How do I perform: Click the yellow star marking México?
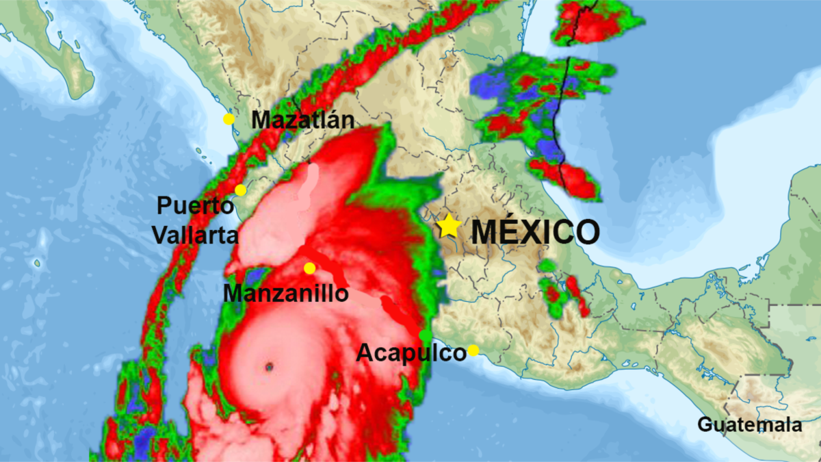click(449, 226)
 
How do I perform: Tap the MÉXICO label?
click(536, 232)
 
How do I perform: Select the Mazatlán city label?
click(303, 120)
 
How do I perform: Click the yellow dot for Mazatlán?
click(229, 119)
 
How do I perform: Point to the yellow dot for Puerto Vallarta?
click(240, 190)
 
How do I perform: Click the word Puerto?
click(194, 206)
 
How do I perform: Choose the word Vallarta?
click(195, 235)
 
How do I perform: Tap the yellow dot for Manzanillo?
click(309, 268)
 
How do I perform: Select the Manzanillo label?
click(286, 294)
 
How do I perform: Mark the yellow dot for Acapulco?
click(473, 351)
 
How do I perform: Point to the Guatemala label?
click(749, 424)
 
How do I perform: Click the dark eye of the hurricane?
click(269, 367)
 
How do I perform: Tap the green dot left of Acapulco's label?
click(425, 336)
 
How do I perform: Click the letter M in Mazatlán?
click(261, 120)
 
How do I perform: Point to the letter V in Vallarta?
click(159, 235)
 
